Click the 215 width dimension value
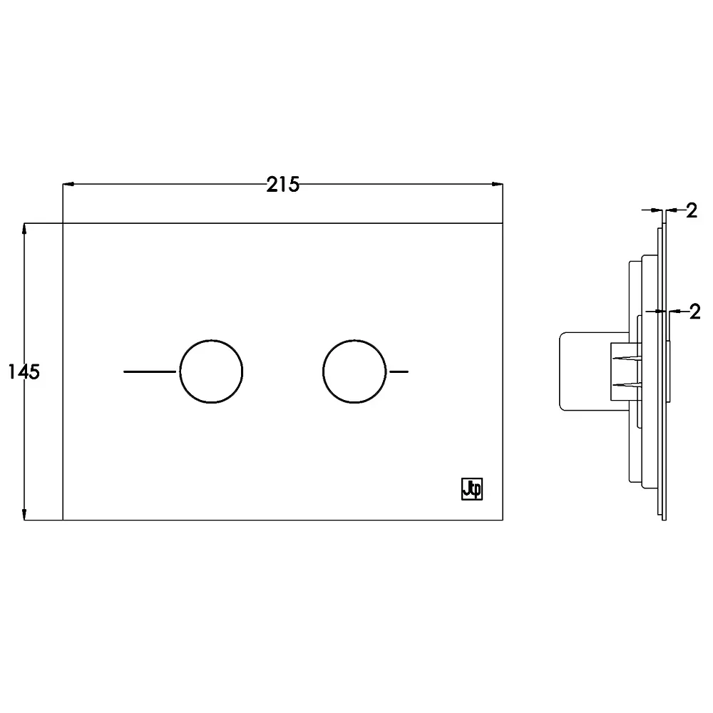pyautogui.click(x=283, y=185)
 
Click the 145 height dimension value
pyautogui.click(x=24, y=372)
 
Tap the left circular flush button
pyautogui.click(x=211, y=371)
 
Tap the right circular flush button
pyautogui.click(x=354, y=371)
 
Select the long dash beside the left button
pyautogui.click(x=150, y=371)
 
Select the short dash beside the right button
pyautogui.click(x=399, y=371)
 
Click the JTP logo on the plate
pyautogui.click(x=472, y=489)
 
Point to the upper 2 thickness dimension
pyautogui.click(x=692, y=210)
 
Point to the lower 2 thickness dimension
pyautogui.click(x=694, y=312)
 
